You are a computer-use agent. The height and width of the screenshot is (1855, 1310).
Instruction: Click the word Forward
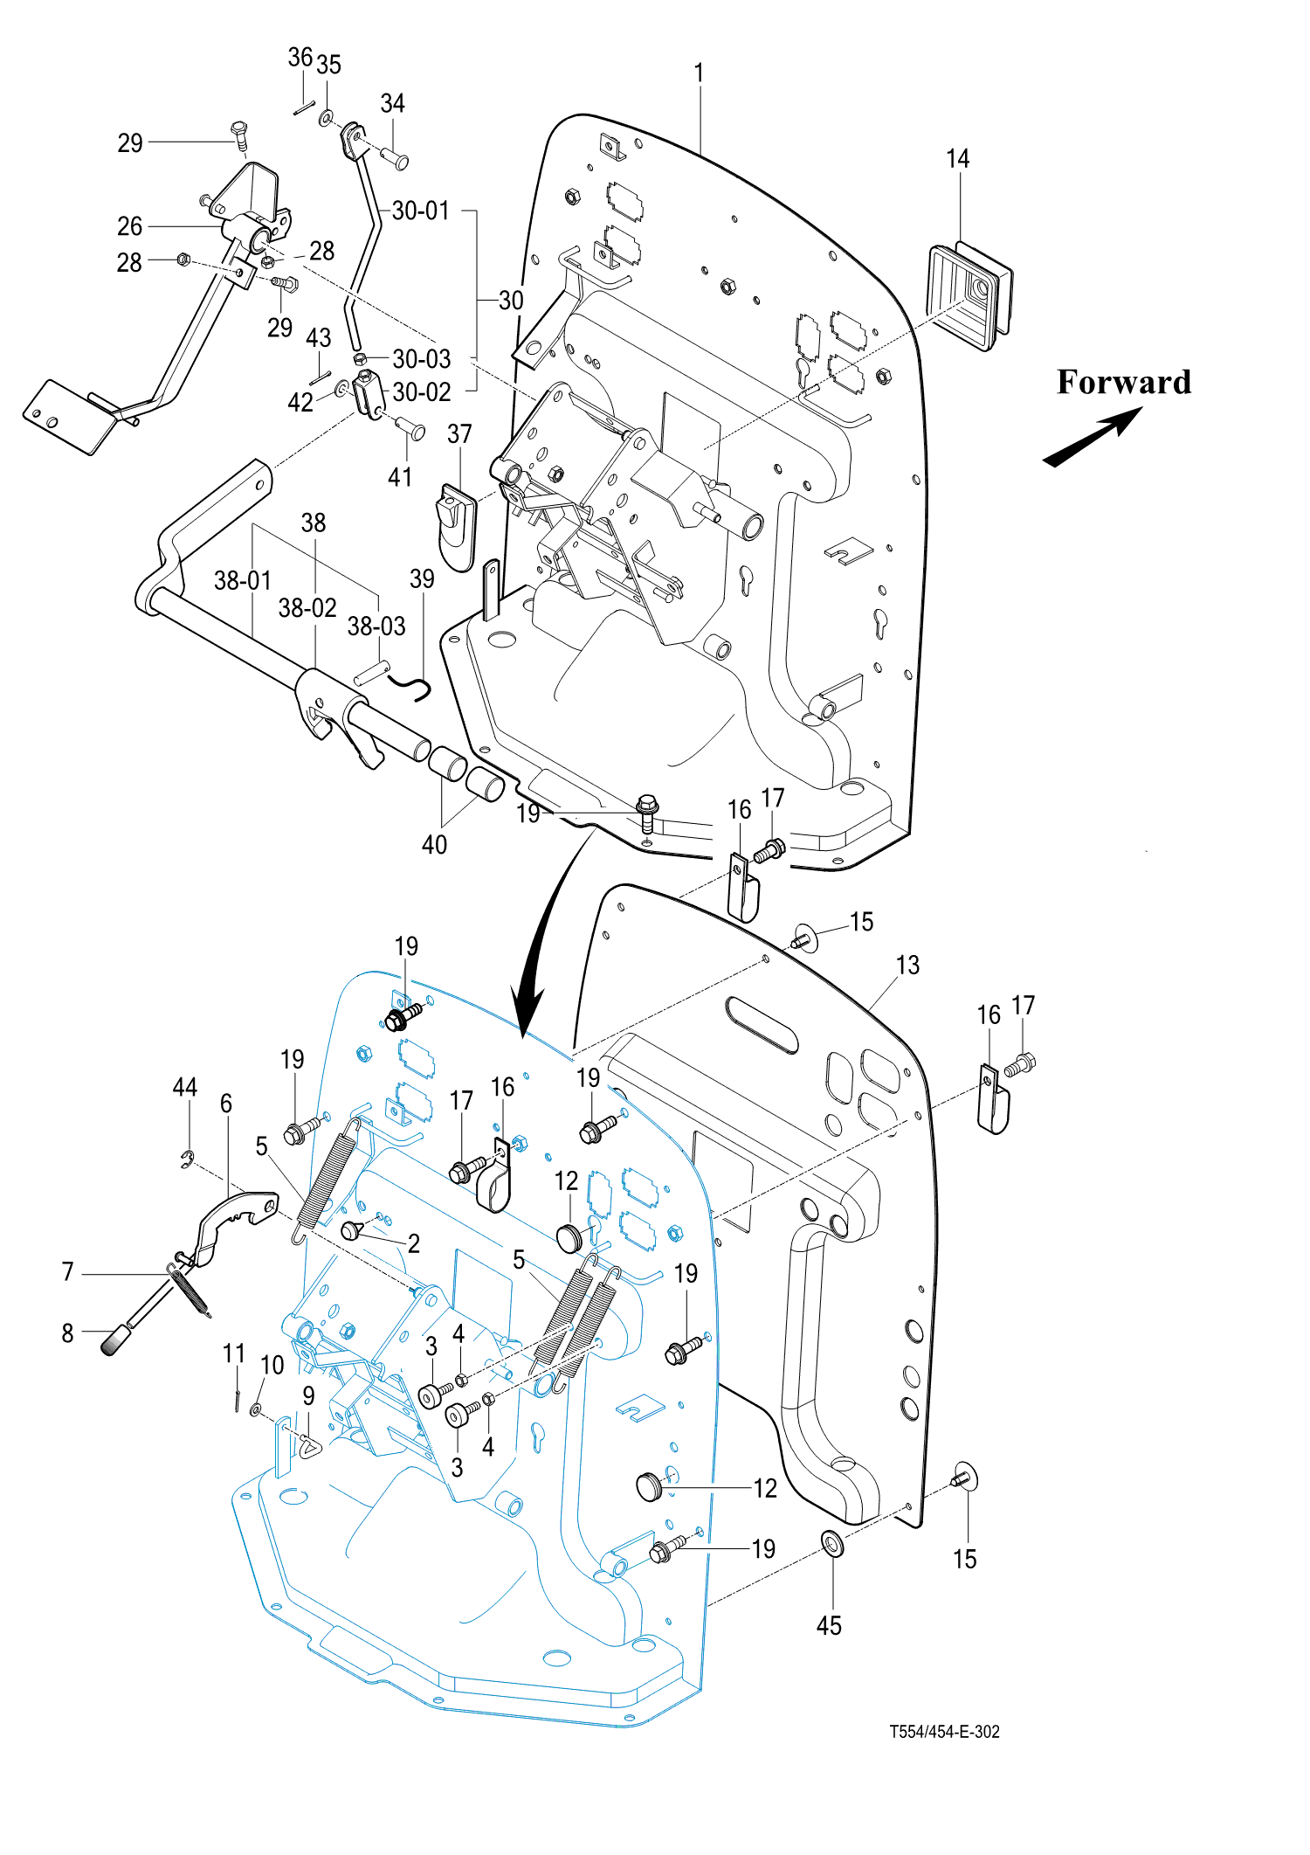1123,383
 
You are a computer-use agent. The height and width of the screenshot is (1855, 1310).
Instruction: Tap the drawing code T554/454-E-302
944,1731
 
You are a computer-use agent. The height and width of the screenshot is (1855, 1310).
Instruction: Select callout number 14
957,159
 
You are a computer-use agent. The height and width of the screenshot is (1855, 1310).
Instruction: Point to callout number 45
828,1625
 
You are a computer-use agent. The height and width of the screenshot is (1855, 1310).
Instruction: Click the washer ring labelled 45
832,1544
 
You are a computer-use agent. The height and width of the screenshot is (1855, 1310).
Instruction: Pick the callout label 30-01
420,211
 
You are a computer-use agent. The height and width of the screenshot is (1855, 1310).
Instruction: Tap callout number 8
67,1332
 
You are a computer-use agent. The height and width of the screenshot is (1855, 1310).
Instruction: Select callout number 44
184,1087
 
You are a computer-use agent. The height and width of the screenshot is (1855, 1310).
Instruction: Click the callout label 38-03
376,626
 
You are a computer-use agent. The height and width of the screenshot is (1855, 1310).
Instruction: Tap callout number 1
699,73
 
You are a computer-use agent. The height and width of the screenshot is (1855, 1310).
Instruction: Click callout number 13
907,965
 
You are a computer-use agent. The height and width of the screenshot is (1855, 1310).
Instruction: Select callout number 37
459,434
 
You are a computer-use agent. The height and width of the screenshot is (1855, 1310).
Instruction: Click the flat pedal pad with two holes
68,417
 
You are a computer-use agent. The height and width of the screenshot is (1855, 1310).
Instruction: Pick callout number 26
129,226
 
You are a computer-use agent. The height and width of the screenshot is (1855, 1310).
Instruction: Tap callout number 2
413,1242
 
